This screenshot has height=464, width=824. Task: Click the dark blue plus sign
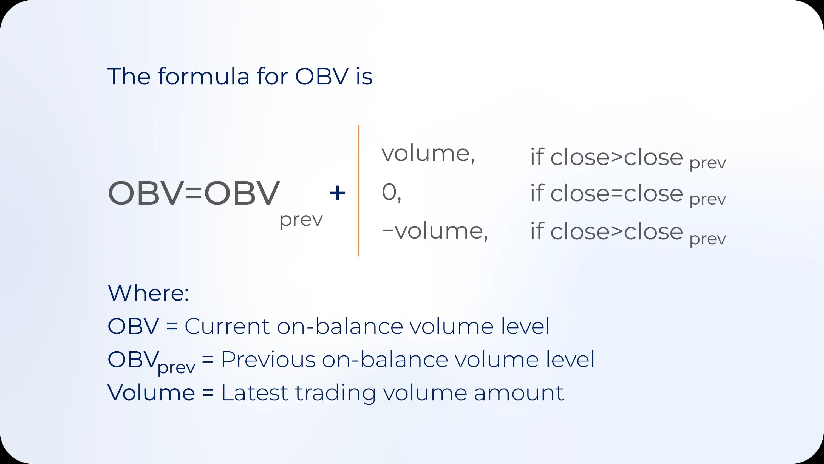(338, 193)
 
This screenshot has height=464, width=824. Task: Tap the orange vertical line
(359, 191)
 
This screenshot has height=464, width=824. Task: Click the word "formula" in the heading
(203, 77)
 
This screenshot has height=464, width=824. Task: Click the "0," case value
(391, 193)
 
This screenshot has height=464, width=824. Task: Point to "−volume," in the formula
(435, 231)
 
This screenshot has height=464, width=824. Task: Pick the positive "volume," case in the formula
(428, 154)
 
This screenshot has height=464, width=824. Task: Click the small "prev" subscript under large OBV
(301, 220)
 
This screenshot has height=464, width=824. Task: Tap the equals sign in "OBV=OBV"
(194, 193)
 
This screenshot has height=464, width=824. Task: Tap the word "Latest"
(255, 393)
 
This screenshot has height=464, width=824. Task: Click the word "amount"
(519, 393)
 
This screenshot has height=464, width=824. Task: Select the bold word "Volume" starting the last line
(151, 393)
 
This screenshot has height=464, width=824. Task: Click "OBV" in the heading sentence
(321, 77)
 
